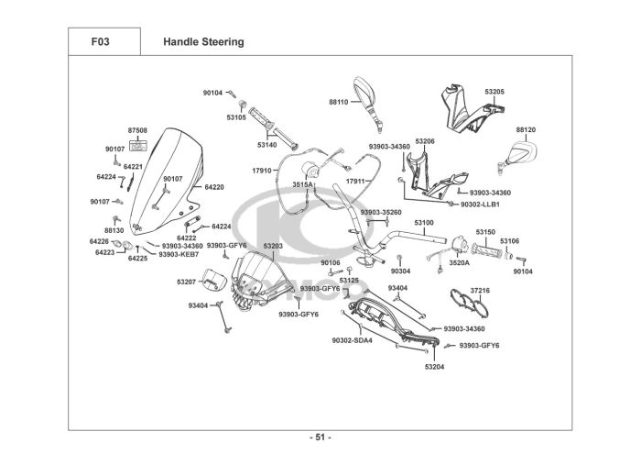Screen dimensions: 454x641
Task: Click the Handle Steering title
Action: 203,41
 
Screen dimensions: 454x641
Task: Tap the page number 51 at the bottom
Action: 320,437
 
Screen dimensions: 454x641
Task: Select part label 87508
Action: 137,132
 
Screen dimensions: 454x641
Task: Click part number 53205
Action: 494,93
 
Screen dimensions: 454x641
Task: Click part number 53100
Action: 424,223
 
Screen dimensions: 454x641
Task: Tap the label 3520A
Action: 459,263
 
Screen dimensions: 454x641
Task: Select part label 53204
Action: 434,367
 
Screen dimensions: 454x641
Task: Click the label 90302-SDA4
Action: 352,340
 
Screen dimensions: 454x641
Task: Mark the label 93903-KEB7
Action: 179,254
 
